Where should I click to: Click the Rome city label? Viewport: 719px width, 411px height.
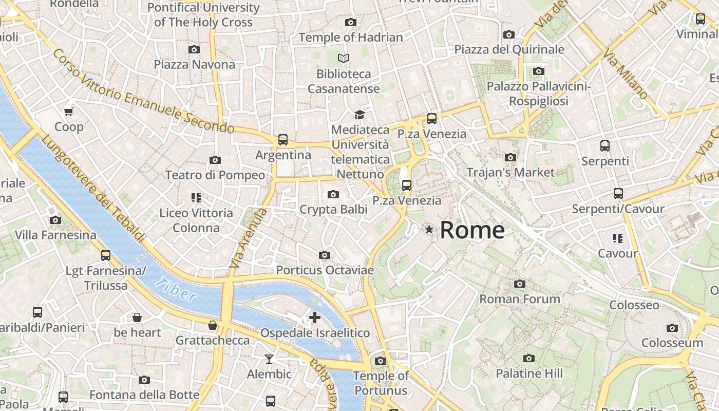coord(472,230)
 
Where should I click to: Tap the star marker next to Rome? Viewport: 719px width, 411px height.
coord(429,229)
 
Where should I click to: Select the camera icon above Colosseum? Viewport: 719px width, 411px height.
coord(672,328)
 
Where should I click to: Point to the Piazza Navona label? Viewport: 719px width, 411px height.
coord(194,64)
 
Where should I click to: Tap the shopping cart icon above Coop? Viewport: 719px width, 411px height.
coord(68,111)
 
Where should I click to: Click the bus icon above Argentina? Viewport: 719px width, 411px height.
coord(282,139)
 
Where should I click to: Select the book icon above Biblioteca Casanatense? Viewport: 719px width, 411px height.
coord(344,59)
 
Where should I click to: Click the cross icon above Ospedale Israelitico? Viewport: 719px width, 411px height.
coord(314,317)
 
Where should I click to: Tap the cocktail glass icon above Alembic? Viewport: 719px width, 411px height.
coord(269,359)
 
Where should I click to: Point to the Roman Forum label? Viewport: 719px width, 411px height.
coord(519,298)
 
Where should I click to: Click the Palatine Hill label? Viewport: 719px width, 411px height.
coord(529,373)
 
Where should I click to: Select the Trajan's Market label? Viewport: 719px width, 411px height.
coord(510,172)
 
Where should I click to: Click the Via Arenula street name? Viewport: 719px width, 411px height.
coord(248,238)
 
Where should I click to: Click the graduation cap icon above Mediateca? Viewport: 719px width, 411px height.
coord(359,115)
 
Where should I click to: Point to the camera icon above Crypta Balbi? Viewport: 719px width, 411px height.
coord(333,194)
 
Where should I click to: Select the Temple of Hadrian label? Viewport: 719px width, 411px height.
coord(350,38)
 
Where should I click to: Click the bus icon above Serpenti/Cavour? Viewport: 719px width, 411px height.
coord(618,194)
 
